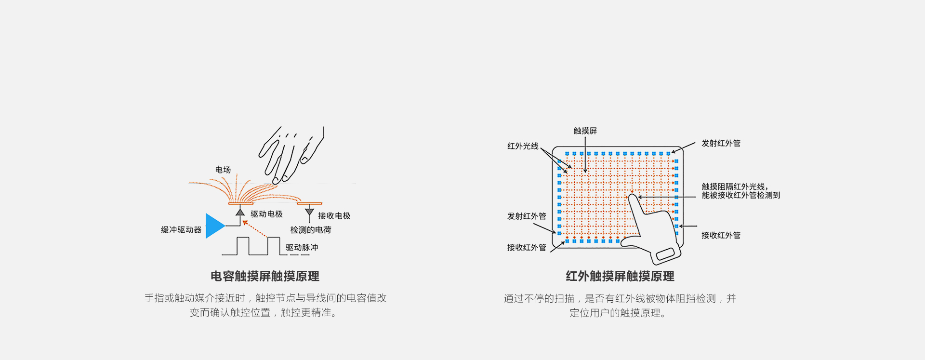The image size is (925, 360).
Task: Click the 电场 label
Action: click(223, 170)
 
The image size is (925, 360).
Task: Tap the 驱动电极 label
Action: click(266, 214)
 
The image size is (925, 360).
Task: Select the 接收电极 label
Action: click(334, 216)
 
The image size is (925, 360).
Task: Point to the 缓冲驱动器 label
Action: click(181, 230)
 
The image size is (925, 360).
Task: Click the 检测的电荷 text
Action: click(311, 230)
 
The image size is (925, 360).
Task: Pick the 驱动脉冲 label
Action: click(302, 247)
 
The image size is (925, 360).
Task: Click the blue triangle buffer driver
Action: click(214, 226)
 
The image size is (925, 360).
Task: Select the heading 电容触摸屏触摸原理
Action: click(265, 276)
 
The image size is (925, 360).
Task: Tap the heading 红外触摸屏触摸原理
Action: click(620, 276)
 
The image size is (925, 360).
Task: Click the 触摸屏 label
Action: click(585, 131)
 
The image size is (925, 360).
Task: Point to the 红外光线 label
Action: click(523, 146)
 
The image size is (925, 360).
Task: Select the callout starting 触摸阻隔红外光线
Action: click(741, 191)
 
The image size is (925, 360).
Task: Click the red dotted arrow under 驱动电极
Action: click(255, 229)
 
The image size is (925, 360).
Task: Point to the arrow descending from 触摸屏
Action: click(585, 155)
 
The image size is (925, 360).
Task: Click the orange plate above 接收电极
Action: click(309, 203)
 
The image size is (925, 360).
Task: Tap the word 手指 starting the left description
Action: click(154, 298)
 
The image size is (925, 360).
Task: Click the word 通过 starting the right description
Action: click(514, 298)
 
